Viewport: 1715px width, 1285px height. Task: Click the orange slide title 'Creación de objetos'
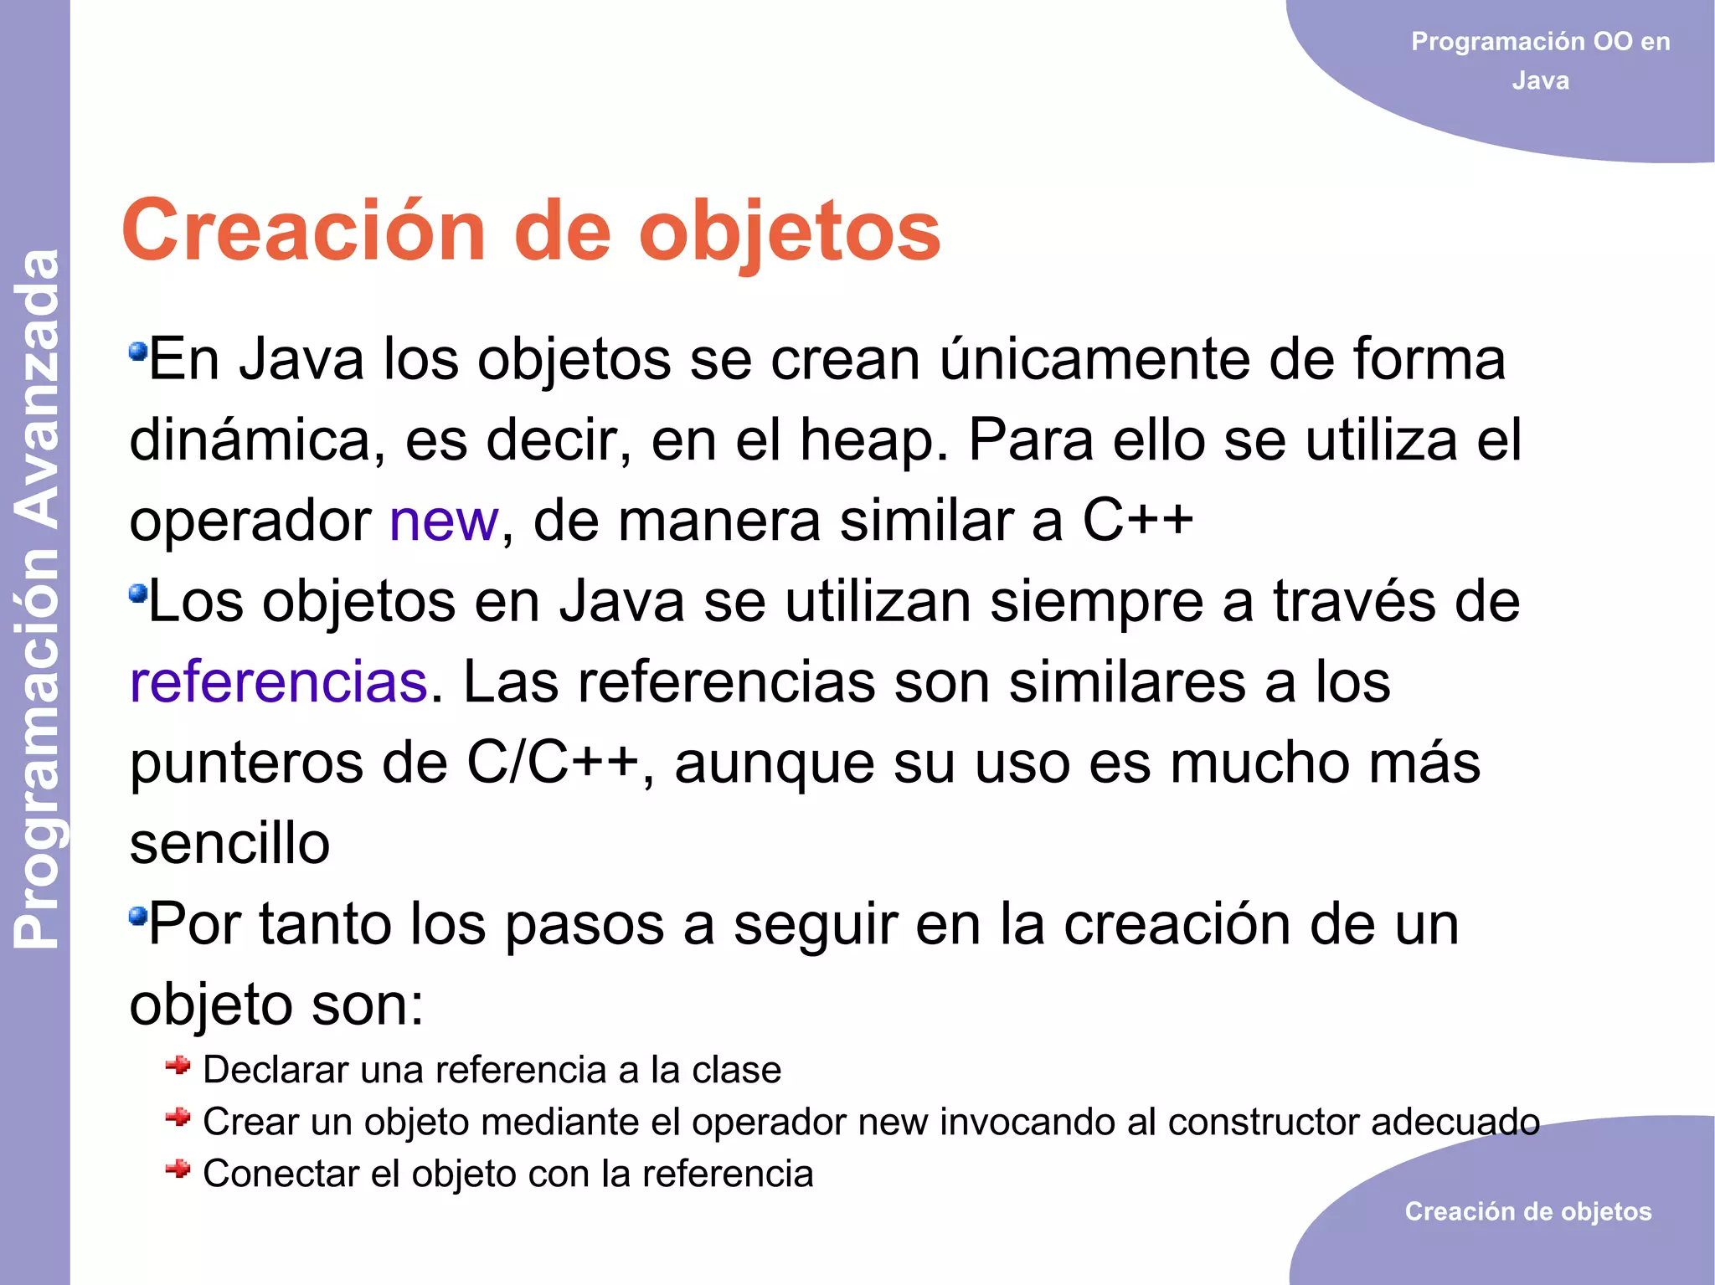531,231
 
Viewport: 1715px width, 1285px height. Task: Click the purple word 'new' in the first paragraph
444,521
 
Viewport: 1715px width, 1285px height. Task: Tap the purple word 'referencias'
279,682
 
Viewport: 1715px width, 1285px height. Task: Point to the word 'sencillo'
229,844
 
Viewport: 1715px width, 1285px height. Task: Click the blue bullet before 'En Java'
138,351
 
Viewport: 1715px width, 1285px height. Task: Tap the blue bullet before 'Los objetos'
138,594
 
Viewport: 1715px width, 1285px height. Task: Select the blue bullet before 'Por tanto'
138,916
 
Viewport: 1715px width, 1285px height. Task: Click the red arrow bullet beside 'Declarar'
178,1066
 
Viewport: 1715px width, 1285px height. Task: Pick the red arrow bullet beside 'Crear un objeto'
178,1118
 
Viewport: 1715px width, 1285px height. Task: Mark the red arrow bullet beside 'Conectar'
178,1169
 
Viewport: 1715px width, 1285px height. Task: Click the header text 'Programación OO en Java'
1540,60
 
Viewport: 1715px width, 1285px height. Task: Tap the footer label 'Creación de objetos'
1528,1211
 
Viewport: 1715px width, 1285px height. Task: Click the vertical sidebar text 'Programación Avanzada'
38,599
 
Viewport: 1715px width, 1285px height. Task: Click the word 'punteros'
246,763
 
